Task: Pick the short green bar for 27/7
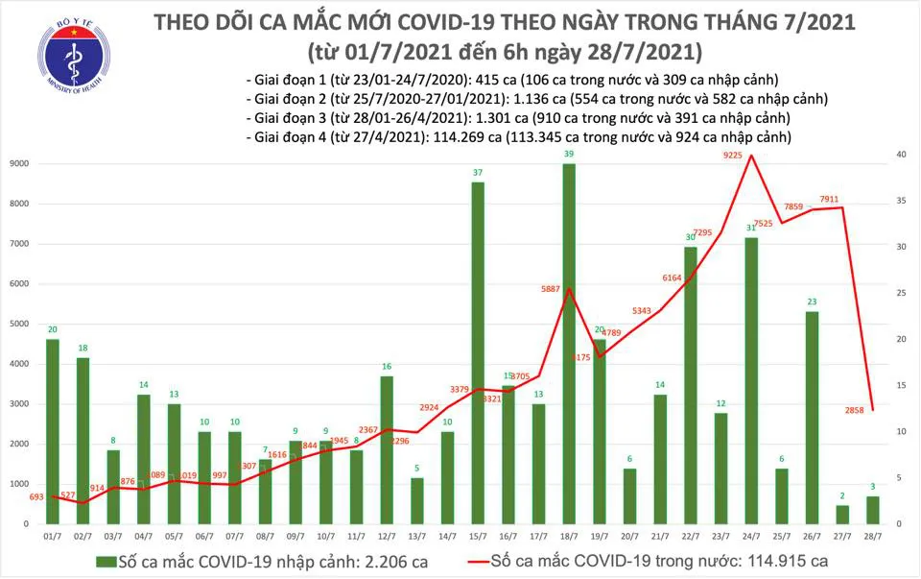pos(842,515)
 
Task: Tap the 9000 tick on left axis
pos(17,164)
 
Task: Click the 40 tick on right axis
pos(901,156)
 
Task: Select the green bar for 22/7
pos(691,385)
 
